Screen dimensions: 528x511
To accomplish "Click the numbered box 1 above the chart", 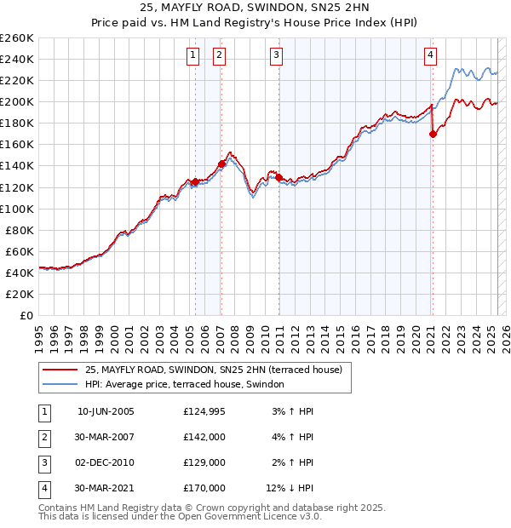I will tap(192, 56).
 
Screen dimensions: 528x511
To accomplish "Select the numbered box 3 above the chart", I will tap(277, 56).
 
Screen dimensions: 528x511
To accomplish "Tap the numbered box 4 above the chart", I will tap(431, 56).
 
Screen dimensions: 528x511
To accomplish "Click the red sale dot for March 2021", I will tap(433, 134).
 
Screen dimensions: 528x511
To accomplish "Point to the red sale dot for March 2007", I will tap(221, 164).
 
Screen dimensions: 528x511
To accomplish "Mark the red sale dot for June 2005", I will tap(195, 181).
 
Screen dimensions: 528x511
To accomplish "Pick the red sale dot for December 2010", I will tap(278, 177).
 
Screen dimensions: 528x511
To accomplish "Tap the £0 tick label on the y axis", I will tap(26, 315).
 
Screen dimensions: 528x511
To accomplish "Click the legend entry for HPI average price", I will tap(189, 384).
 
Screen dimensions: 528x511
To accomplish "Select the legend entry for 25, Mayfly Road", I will tap(213, 370).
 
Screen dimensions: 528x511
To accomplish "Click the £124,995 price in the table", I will tap(204, 412).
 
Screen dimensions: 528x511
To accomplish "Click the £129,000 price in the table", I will tap(204, 462).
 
